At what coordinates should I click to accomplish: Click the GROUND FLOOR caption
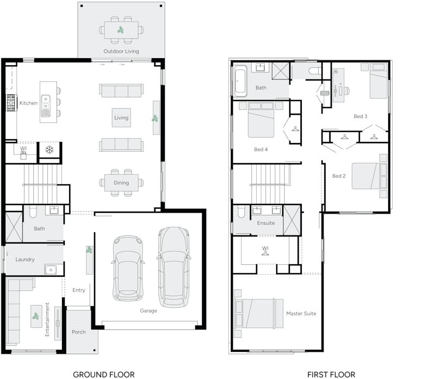pos(103,374)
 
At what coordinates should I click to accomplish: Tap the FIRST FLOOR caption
pos(331,374)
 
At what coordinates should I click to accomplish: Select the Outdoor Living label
pos(121,52)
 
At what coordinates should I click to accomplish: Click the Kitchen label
pos(28,103)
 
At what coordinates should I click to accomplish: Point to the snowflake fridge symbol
pos(49,149)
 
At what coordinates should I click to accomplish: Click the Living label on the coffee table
pos(121,117)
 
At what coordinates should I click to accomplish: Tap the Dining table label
pos(121,183)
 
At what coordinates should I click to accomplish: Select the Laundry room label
pos(25,259)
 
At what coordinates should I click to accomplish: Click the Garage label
pos(148,311)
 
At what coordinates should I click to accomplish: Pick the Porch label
pos(79,332)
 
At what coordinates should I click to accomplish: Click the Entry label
pos(79,290)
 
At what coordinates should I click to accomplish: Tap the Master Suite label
pos(301,314)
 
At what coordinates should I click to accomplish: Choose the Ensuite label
pos(266,223)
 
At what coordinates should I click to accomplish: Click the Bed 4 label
pos(261,150)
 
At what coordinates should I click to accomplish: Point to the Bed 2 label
pos(339,176)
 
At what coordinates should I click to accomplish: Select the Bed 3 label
pos(361,116)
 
